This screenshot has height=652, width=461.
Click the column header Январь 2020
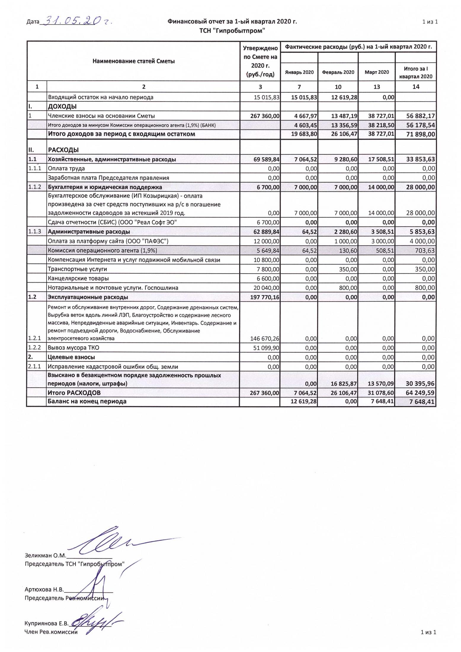pyautogui.click(x=299, y=72)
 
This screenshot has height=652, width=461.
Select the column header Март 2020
pyautogui.click(x=377, y=72)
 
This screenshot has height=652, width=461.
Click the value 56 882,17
pyautogui.click(x=418, y=116)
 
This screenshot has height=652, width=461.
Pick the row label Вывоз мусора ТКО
pyautogui.click(x=73, y=348)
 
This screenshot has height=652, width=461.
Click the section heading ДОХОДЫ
pyautogui.click(x=62, y=106)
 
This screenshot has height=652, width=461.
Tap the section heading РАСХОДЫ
pyautogui.click(x=63, y=150)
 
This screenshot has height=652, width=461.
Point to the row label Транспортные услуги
pyautogui.click(x=77, y=269)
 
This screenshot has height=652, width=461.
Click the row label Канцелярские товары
pyautogui.click(x=78, y=278)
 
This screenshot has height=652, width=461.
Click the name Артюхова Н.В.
pyautogui.click(x=44, y=589)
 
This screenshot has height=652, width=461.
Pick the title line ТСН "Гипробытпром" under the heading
pyautogui.click(x=232, y=31)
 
